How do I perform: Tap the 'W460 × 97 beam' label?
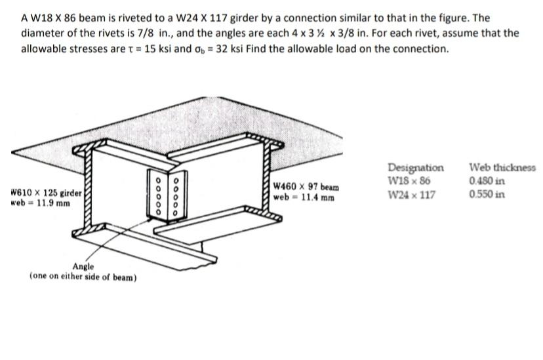[x=306, y=187]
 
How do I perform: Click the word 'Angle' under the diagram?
[x=83, y=267]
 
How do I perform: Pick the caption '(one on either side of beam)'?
[x=83, y=277]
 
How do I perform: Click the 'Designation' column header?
[x=415, y=167]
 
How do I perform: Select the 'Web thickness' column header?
[x=502, y=167]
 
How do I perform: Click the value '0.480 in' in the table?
[x=487, y=180]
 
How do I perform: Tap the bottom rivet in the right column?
[x=176, y=212]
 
